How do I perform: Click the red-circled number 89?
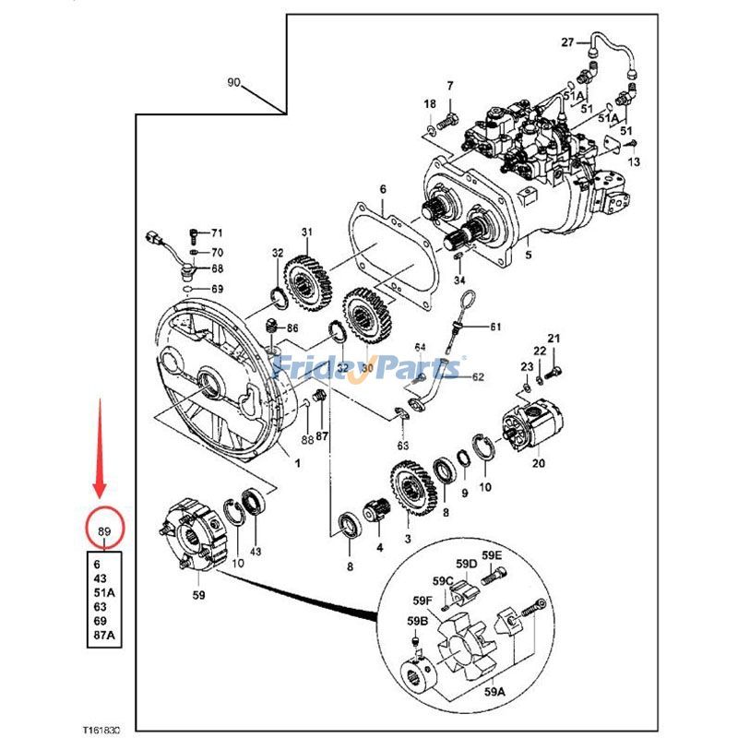click(x=103, y=531)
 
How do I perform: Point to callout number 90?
click(x=234, y=83)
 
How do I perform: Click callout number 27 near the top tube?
click(x=567, y=42)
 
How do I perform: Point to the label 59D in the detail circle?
click(x=466, y=564)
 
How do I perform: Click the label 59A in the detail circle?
click(x=495, y=690)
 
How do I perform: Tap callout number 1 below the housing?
click(x=297, y=464)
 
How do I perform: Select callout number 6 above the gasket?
click(x=382, y=190)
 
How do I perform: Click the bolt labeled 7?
click(x=450, y=118)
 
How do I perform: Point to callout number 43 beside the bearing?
click(x=256, y=551)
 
